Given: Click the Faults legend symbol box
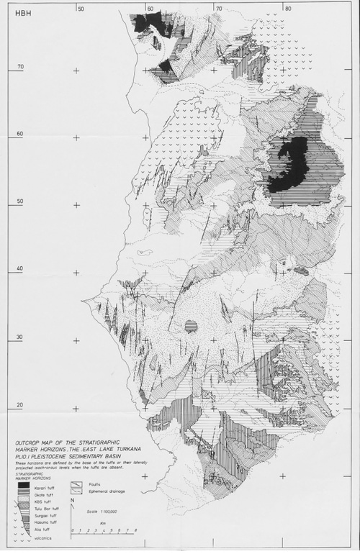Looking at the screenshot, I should pyautogui.click(x=76, y=484).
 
